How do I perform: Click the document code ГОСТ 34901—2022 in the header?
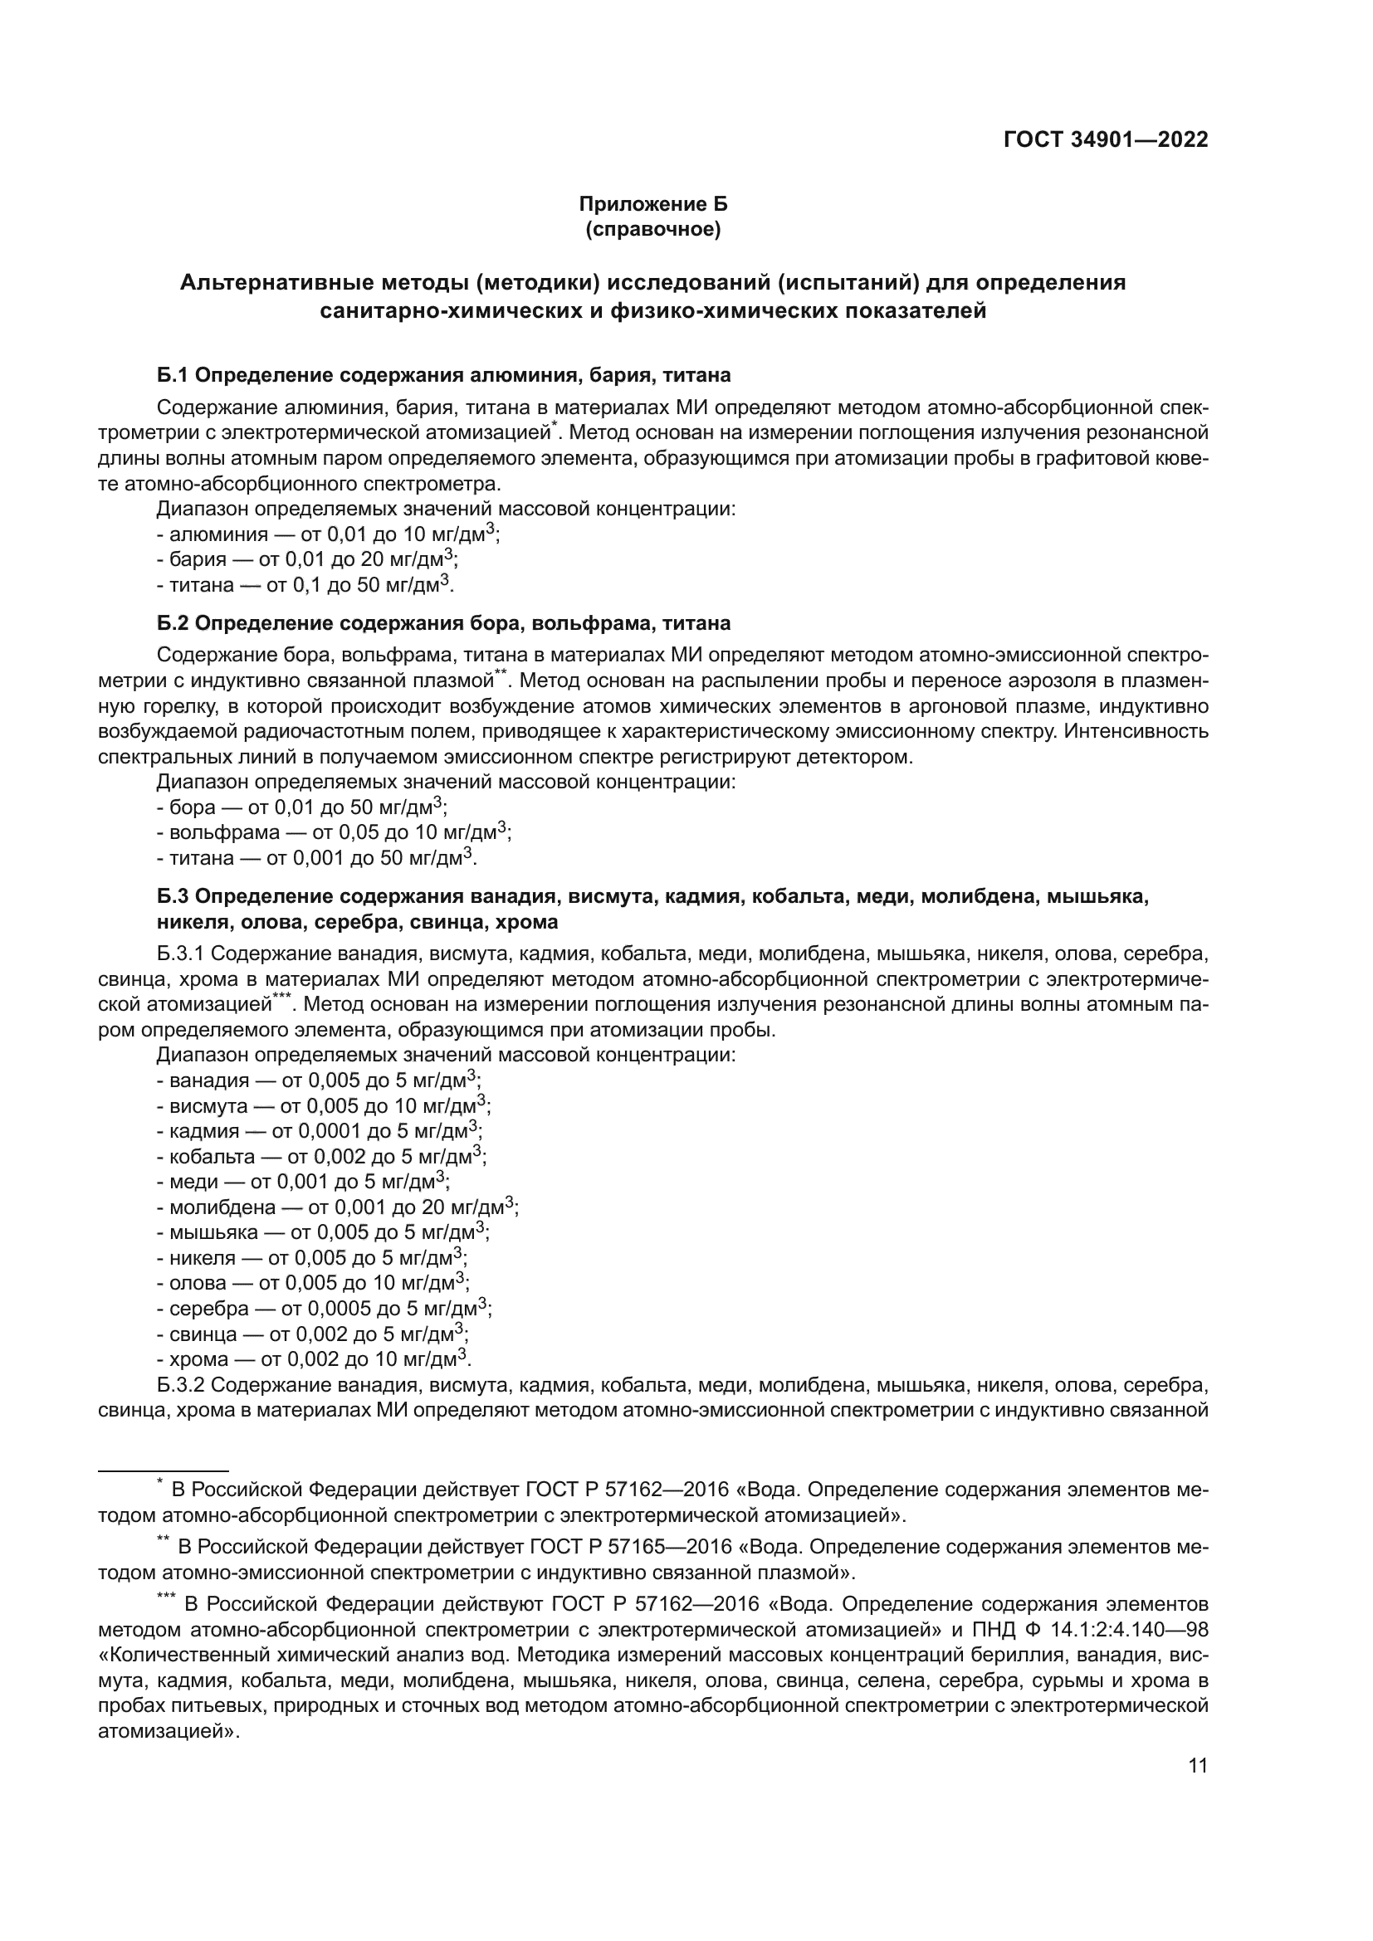point(1105,140)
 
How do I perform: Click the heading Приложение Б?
point(652,204)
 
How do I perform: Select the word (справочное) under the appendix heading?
point(652,229)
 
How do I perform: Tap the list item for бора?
point(302,807)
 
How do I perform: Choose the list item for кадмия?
point(320,1131)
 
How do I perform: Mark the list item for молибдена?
point(337,1207)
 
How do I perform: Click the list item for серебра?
point(324,1309)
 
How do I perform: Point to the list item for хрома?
point(313,1359)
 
